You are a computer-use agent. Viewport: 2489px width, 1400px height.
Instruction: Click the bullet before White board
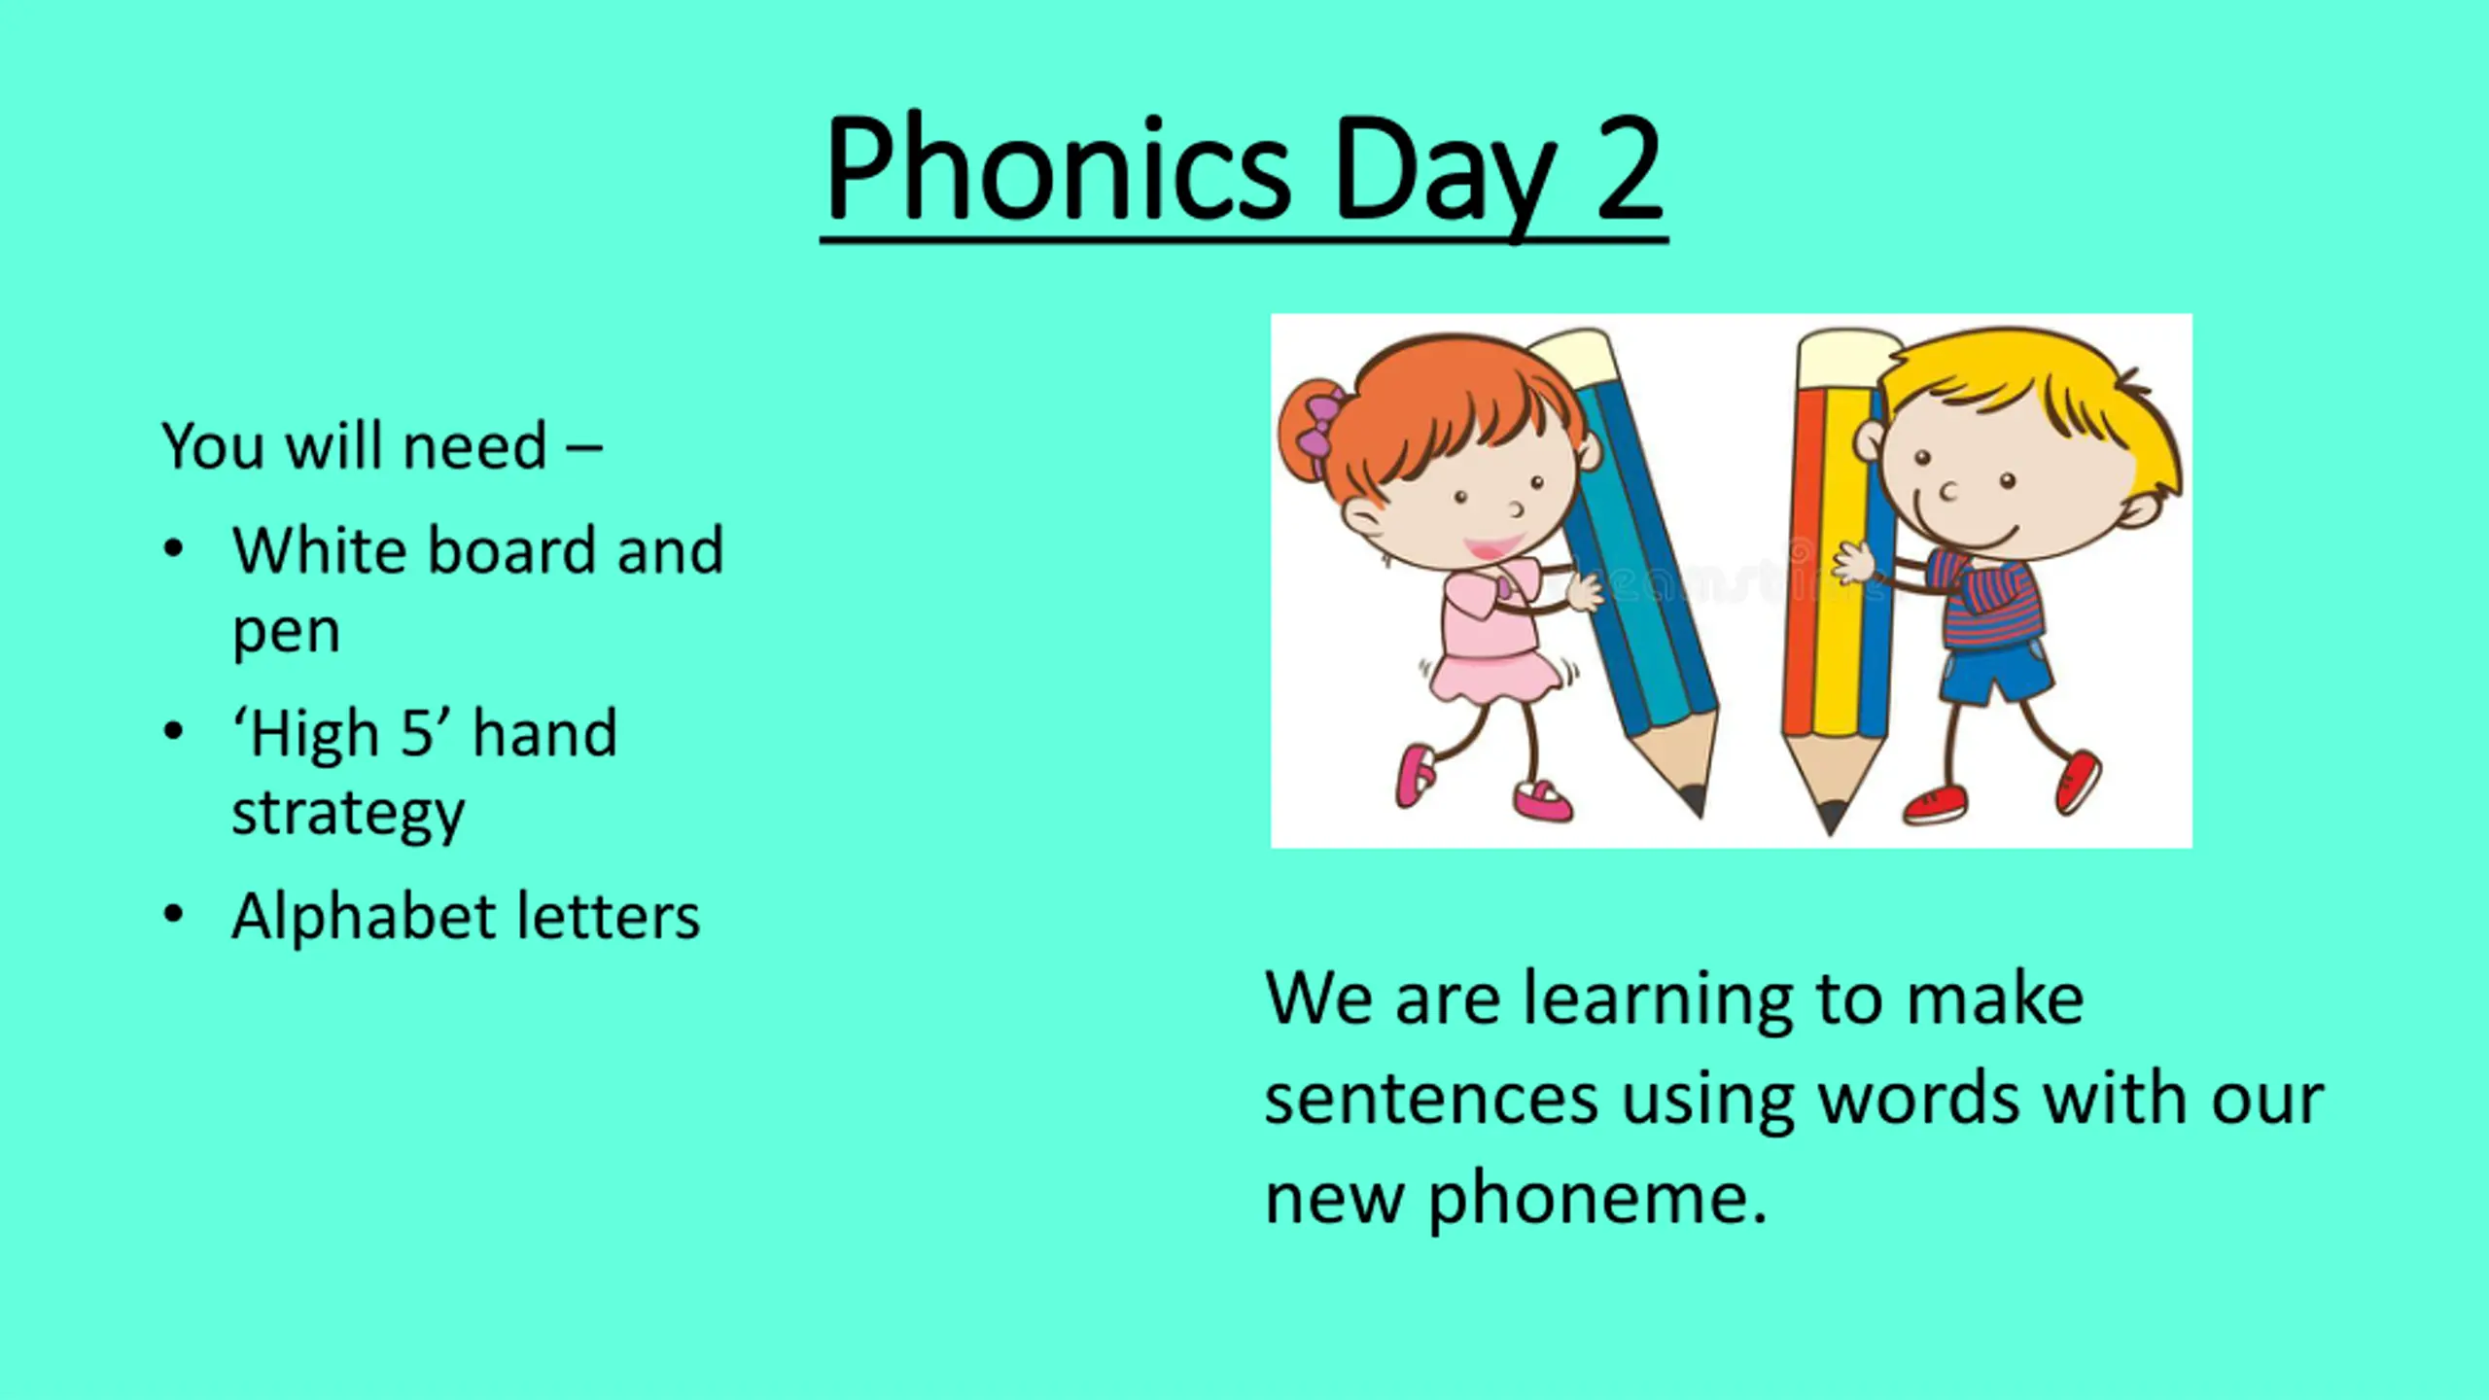[x=173, y=549]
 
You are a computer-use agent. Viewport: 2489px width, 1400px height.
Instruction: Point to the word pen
[x=286, y=633]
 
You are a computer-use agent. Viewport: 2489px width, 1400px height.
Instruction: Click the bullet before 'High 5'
[x=173, y=731]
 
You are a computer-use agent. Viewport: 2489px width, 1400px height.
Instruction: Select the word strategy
[x=348, y=815]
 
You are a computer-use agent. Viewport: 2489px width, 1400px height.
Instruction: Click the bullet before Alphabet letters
[x=173, y=914]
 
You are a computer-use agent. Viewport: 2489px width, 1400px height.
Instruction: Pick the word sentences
[x=1431, y=1099]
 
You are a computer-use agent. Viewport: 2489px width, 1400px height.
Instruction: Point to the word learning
[x=1658, y=1001]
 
